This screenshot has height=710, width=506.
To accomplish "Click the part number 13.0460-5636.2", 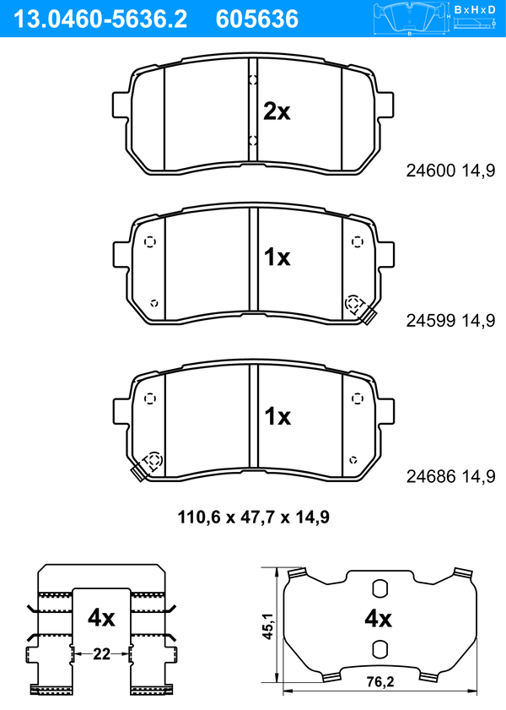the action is [100, 19].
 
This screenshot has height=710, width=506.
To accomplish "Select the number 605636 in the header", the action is [257, 19].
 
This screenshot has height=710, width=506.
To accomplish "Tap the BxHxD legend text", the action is [475, 9].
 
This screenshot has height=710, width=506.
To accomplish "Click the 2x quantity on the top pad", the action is [277, 111].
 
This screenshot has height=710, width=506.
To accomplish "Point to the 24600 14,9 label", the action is [450, 171].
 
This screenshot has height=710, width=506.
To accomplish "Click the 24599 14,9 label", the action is [450, 320].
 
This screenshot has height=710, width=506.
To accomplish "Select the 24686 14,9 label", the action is [450, 476].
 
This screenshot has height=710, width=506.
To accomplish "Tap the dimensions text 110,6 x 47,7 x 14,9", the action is [253, 517].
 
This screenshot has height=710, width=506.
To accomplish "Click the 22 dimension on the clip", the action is [101, 653].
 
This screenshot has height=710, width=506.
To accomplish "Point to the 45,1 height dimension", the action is [268, 626].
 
